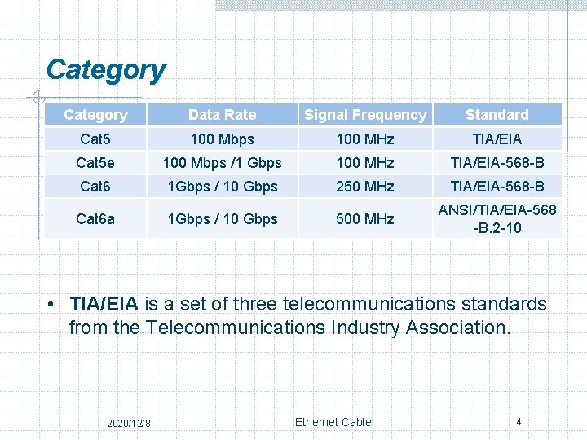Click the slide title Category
click(x=106, y=70)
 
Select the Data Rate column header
click(x=222, y=115)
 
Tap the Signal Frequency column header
click(x=365, y=115)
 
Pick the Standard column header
click(x=497, y=115)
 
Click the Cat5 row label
click(x=95, y=139)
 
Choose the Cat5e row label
click(x=95, y=163)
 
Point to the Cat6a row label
click(x=95, y=218)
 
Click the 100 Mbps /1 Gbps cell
click(x=222, y=163)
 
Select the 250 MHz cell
click(x=365, y=187)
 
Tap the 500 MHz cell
click(x=365, y=218)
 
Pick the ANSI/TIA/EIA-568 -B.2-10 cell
click(x=497, y=218)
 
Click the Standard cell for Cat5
click(x=497, y=139)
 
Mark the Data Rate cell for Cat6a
click(x=222, y=218)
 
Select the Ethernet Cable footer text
click(x=333, y=422)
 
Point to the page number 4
click(x=519, y=421)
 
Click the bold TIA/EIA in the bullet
click(x=104, y=305)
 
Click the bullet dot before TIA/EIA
click(x=51, y=305)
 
